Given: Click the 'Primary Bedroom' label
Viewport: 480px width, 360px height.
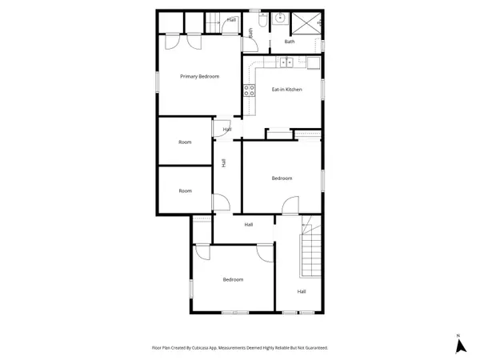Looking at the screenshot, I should tap(199, 76).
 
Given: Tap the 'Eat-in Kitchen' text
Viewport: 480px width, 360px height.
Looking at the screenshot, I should tap(286, 90).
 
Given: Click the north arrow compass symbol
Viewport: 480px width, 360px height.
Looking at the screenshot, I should tap(459, 345).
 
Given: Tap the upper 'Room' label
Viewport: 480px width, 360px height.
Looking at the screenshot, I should tap(186, 142).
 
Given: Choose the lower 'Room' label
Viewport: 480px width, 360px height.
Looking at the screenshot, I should tap(186, 190).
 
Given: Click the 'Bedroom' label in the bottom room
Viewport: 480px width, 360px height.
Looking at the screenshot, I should tap(233, 279).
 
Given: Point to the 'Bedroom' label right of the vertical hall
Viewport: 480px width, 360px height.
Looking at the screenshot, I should tap(282, 178).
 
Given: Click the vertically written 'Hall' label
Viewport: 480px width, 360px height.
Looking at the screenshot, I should tap(224, 163).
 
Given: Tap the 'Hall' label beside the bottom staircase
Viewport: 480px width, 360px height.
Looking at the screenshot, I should tap(302, 291).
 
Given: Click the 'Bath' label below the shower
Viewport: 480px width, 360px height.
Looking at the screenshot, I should tap(289, 42).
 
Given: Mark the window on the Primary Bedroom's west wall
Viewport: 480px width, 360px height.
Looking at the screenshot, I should tap(157, 82).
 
